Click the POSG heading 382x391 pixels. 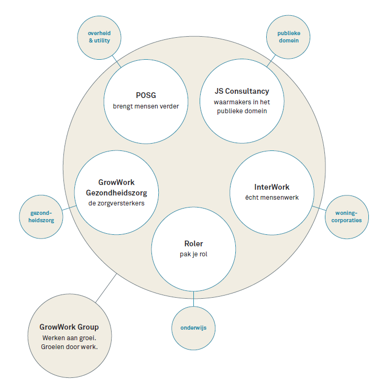click(x=146, y=95)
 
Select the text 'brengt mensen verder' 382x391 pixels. click(x=146, y=106)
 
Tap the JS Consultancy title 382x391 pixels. click(x=242, y=91)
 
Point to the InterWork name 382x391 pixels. click(x=271, y=187)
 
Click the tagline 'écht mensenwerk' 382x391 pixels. click(x=271, y=198)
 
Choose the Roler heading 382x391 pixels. click(x=193, y=244)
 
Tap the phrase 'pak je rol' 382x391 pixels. click(x=193, y=254)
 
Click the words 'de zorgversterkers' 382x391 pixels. click(x=116, y=202)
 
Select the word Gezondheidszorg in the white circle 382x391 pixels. click(x=116, y=192)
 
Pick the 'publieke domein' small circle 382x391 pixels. click(x=289, y=37)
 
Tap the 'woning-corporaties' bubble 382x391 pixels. click(x=344, y=216)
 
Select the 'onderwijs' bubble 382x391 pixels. click(x=193, y=328)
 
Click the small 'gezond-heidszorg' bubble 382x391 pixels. click(x=40, y=216)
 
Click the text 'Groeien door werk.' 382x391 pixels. click(x=69, y=346)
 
